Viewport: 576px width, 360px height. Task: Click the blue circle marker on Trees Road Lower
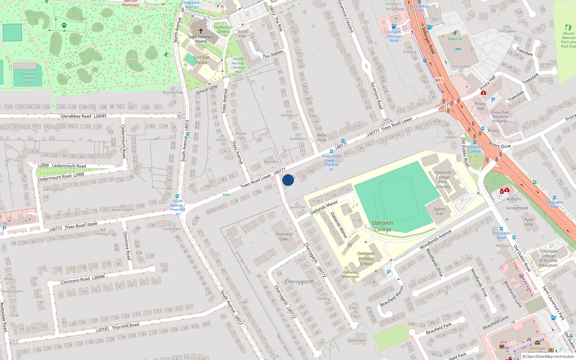tap(288, 180)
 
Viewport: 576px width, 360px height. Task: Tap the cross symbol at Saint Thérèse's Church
tap(201, 31)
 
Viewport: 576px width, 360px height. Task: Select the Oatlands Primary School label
tap(366, 258)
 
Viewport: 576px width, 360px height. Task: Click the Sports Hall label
tap(440, 211)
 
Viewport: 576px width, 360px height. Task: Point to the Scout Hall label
tap(242, 33)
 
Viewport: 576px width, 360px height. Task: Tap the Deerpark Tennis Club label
tap(28, 78)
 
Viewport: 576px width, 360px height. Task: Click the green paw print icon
tap(64, 25)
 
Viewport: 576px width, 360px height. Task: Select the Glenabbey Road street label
tap(76, 116)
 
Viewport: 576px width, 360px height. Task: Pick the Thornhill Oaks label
tap(284, 237)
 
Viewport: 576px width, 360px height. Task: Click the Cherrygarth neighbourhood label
tap(300, 282)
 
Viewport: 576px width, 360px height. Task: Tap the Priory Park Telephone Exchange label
tap(500, 117)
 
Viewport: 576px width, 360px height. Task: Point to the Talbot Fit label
tap(455, 39)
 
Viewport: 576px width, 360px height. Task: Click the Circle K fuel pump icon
tap(394, 26)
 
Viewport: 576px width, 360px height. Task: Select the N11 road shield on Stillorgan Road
tap(438, 80)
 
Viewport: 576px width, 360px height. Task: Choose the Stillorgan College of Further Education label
tap(548, 258)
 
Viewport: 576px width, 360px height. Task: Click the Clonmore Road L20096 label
tap(83, 279)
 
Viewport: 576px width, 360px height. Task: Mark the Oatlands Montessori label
tap(350, 274)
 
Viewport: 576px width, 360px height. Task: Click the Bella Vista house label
tap(322, 138)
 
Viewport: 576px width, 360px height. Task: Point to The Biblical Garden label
tap(222, 30)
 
